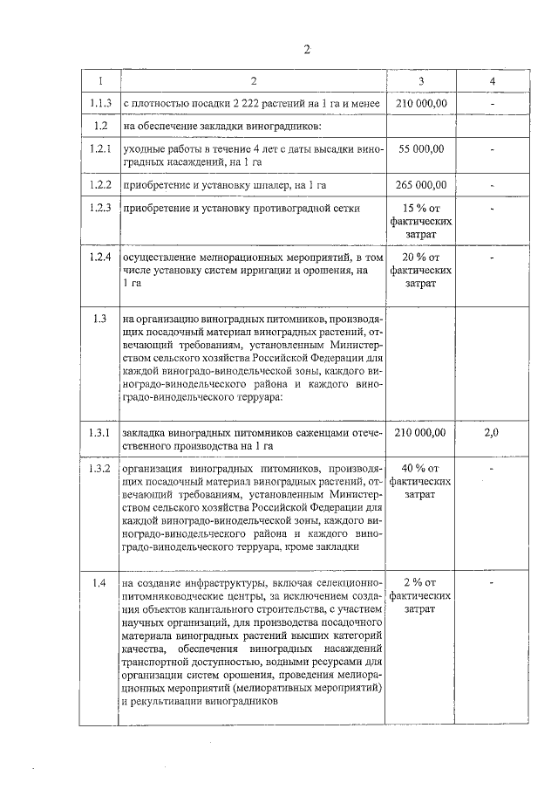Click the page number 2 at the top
307,49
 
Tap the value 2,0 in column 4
493,432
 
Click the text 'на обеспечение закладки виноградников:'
224,127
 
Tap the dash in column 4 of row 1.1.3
493,105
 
